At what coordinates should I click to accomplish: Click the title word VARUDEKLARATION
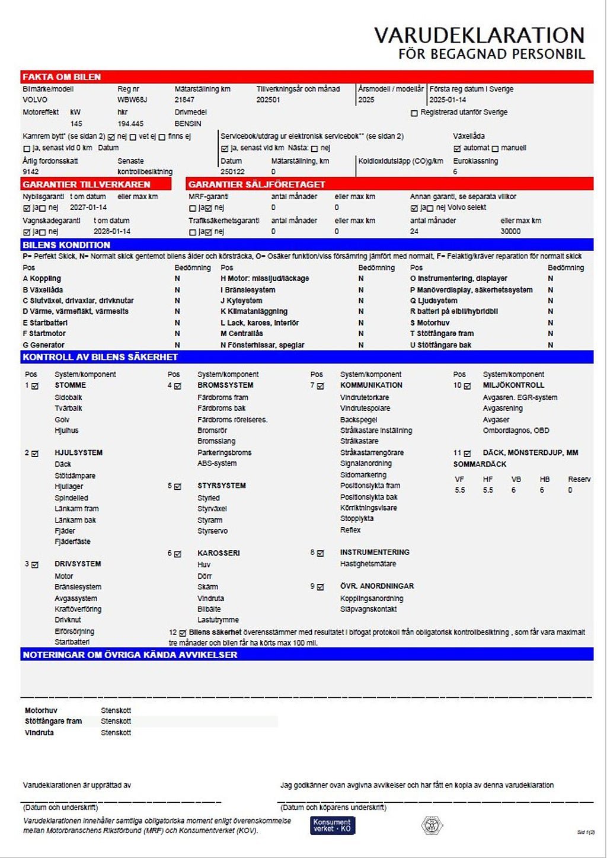479,35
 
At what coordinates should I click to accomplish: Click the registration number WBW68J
132,100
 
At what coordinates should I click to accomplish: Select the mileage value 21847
184,100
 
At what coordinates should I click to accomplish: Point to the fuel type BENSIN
188,123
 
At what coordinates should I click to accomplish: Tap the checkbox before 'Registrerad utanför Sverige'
414,113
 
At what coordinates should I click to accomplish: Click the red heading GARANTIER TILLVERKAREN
87,184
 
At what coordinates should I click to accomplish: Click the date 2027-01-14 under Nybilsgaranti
88,208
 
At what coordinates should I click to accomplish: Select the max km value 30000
510,231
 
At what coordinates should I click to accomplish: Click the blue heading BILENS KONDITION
66,244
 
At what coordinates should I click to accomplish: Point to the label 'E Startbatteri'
45,323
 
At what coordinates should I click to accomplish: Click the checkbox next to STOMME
35,386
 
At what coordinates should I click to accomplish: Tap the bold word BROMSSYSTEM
225,385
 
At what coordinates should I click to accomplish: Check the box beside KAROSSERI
178,554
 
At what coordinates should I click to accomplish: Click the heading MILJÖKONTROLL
513,385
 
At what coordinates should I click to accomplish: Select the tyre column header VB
516,479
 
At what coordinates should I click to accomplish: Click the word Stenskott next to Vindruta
116,732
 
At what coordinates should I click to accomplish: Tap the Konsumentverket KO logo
332,825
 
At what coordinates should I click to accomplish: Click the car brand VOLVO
35,100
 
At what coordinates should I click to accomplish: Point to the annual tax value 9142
31,171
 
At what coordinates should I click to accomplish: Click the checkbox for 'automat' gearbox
457,148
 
